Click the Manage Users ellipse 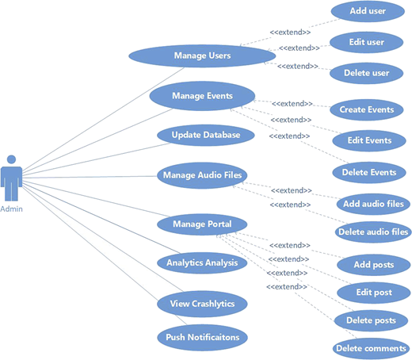(x=202, y=56)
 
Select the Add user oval (x=368, y=11)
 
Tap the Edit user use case (x=367, y=42)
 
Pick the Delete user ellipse (x=367, y=73)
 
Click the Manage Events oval (x=202, y=96)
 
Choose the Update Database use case (x=206, y=136)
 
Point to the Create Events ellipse (x=367, y=110)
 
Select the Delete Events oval (x=369, y=173)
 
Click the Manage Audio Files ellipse (x=202, y=175)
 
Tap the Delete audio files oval (x=373, y=232)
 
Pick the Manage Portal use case (x=202, y=224)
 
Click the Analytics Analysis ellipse (x=202, y=263)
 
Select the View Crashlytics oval (x=202, y=304)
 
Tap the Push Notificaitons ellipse (x=203, y=338)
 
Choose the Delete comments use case (x=371, y=349)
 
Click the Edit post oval (x=374, y=293)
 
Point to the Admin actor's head (x=11, y=159)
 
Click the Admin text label (x=11, y=209)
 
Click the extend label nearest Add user (x=290, y=33)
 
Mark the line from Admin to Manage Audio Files (x=90, y=177)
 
